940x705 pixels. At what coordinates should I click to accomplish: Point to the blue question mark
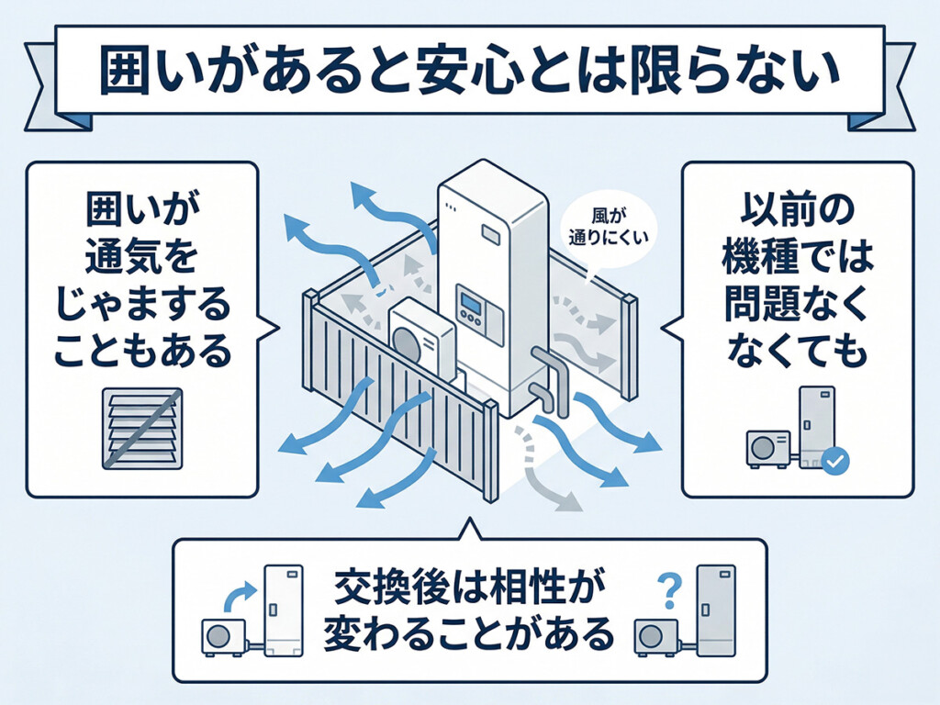(x=671, y=588)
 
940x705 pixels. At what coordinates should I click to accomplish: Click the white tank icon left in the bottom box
(x=284, y=608)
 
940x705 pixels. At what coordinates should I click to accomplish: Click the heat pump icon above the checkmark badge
(x=765, y=446)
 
